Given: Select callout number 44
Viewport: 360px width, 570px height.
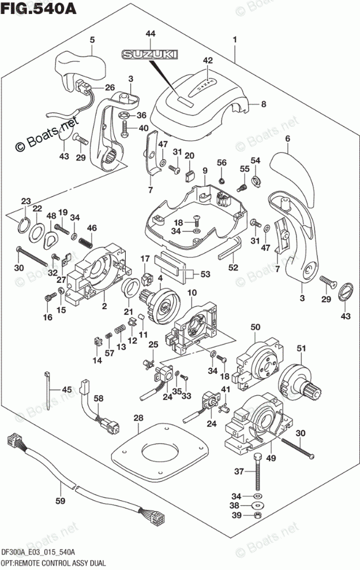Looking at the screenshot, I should point(151,35).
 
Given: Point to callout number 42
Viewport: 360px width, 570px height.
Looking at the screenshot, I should point(208,60).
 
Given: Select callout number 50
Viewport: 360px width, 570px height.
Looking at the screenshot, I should point(254,328).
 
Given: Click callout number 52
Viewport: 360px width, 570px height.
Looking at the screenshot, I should point(232,267).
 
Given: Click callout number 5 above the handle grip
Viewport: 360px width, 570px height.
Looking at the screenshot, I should point(91,40).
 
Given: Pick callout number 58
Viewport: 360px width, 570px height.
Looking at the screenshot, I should point(99,399).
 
